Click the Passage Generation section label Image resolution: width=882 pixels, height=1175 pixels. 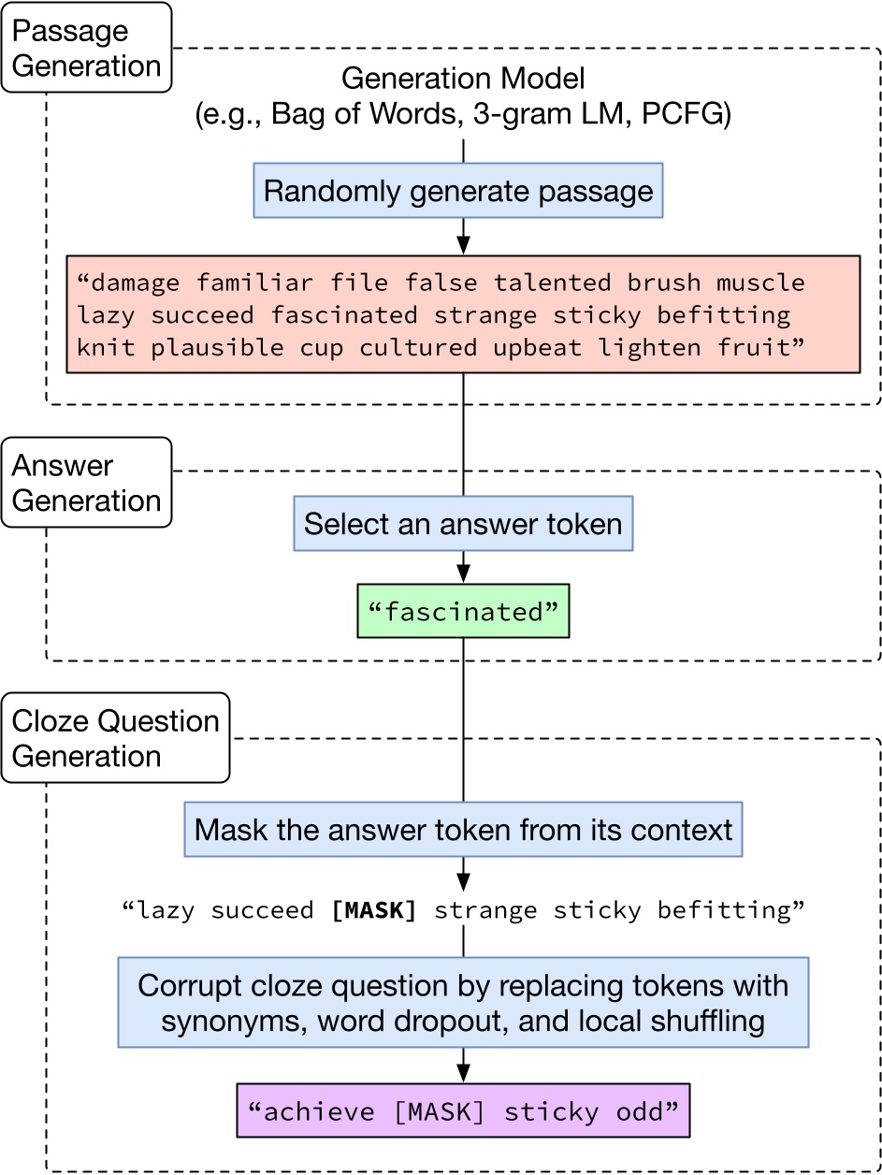pos(86,48)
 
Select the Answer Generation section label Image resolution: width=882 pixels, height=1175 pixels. pos(86,483)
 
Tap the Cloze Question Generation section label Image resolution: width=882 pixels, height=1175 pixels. pos(115,738)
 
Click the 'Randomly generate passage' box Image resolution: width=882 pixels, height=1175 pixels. pos(458,191)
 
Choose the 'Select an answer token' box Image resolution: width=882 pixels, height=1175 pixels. pos(463,523)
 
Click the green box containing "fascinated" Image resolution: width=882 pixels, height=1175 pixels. pos(463,612)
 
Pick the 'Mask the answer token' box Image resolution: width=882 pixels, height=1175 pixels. pos(463,829)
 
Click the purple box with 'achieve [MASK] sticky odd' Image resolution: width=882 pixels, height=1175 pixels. pos(463,1110)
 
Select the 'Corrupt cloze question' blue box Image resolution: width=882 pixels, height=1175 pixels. pos(463,1002)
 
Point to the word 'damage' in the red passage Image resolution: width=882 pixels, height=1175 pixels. pos(133,282)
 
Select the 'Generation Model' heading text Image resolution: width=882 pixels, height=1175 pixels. pos(463,79)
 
